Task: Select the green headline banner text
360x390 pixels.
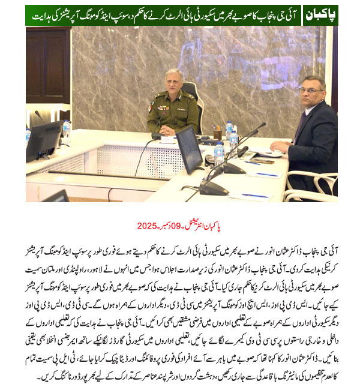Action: pyautogui.click(x=162, y=14)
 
